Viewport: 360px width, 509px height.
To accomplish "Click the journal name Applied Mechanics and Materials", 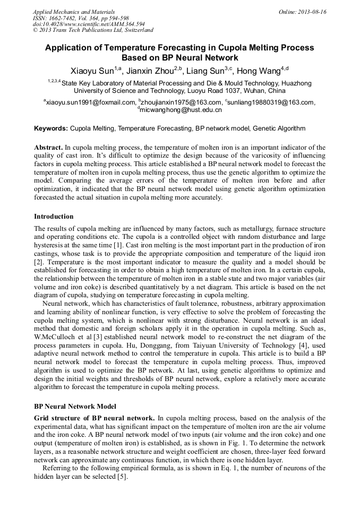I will (74, 12).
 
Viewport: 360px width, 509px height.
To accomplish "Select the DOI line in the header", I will (89, 24).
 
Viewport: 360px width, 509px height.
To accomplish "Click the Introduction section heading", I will (54, 217).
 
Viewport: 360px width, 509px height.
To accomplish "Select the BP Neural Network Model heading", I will (75, 407).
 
